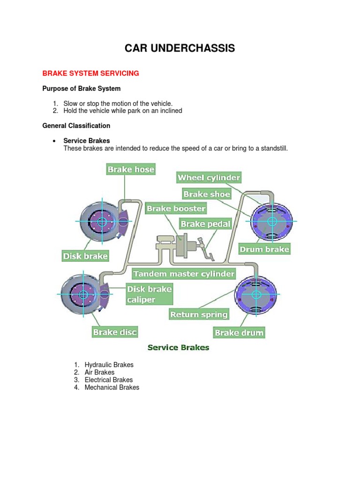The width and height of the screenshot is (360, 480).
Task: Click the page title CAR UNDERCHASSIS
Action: pyautogui.click(x=180, y=48)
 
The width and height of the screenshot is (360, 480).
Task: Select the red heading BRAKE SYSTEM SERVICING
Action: pyautogui.click(x=91, y=74)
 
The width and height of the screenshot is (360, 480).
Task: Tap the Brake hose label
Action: pyautogui.click(x=131, y=169)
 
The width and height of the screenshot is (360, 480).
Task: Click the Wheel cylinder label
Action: pyautogui.click(x=209, y=177)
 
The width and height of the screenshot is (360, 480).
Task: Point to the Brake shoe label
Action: pyautogui.click(x=207, y=194)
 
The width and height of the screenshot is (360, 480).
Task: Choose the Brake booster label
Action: pyautogui.click(x=176, y=208)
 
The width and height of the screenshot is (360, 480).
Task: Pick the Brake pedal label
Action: pyautogui.click(x=206, y=224)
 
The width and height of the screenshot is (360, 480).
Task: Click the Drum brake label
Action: pyautogui.click(x=264, y=249)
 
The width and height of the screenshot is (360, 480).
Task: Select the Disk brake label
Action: pyautogui.click(x=85, y=256)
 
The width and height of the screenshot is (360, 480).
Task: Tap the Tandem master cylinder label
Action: pyautogui.click(x=184, y=273)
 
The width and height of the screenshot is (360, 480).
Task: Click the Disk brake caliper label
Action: pyautogui.click(x=149, y=294)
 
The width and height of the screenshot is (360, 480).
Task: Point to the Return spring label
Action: pyautogui.click(x=199, y=315)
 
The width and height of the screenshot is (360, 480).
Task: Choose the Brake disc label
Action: pyautogui.click(x=114, y=332)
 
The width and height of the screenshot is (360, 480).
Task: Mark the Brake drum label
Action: pyautogui.click(x=239, y=333)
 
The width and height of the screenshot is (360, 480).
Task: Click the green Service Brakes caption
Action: pyautogui.click(x=179, y=347)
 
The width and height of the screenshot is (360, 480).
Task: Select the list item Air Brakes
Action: pyautogui.click(x=99, y=372)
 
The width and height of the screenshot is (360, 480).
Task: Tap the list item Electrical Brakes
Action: pyautogui.click(x=108, y=380)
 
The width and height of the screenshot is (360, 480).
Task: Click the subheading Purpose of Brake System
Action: pyautogui.click(x=82, y=89)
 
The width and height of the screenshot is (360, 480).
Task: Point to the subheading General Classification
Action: pyautogui.click(x=76, y=126)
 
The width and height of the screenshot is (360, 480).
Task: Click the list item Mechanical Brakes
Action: pyautogui.click(x=112, y=387)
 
